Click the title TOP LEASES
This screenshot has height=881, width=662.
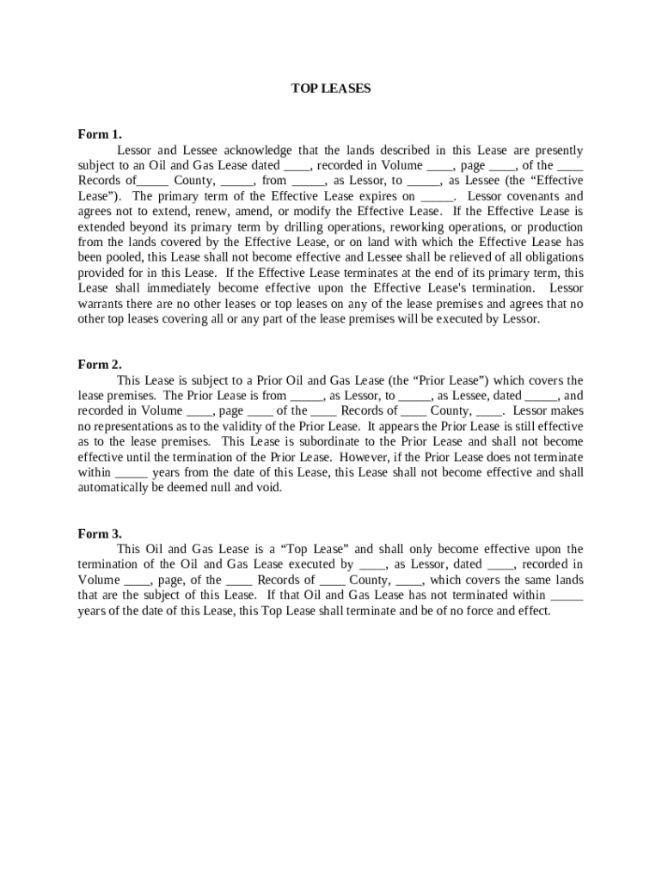pyautogui.click(x=331, y=88)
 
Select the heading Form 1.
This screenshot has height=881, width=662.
pyautogui.click(x=100, y=134)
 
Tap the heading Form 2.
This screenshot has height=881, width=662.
pyautogui.click(x=100, y=364)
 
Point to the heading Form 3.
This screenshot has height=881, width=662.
pyautogui.click(x=100, y=533)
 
